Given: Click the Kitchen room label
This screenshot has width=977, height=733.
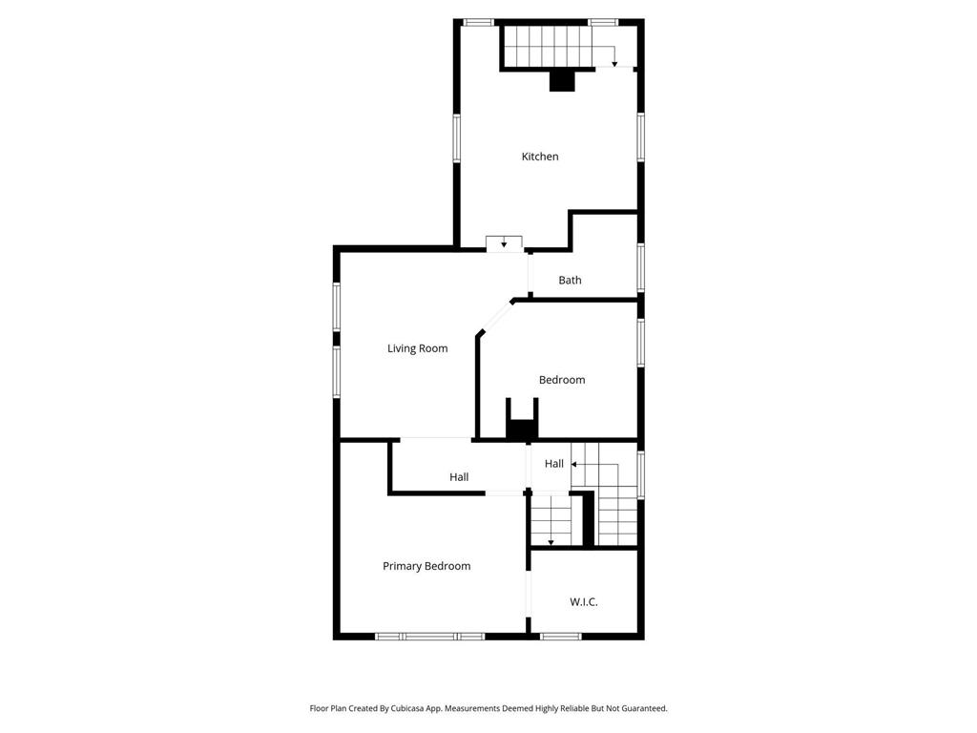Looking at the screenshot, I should coord(539,157).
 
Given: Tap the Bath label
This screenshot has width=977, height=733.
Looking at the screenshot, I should coord(570,281).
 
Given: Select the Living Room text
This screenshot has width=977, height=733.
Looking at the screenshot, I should coord(417,348).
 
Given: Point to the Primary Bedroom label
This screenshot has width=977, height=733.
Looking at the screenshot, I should coord(426,566).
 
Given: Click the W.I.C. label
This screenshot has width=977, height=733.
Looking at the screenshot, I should coord(584,602).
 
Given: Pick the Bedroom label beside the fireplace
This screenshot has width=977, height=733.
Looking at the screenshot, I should coord(562,380).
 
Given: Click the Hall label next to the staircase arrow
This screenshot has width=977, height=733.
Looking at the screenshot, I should coord(553,464).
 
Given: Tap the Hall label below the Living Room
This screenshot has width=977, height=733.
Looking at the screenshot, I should coord(459,477).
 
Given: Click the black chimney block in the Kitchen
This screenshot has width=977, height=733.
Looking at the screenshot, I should coord(563,81).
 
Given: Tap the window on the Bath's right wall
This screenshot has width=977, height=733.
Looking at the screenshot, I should coord(641,267).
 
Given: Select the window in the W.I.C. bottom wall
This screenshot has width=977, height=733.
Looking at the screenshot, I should coord(560,636).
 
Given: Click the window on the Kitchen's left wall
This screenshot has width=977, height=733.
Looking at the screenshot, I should coord(457,139).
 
